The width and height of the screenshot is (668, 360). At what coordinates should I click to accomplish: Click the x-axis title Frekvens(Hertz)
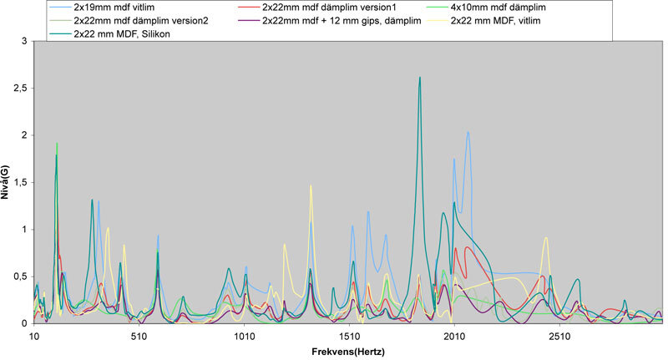(x=348, y=352)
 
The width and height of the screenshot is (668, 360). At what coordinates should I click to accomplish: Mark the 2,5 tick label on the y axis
(x=19, y=88)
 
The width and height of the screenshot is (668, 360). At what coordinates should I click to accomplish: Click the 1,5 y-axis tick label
(x=19, y=182)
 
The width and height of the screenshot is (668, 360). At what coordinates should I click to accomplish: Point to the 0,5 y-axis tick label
(x=19, y=276)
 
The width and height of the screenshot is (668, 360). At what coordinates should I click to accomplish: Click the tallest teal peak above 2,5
(x=420, y=78)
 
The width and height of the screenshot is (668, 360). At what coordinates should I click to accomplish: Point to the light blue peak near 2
(x=468, y=132)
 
